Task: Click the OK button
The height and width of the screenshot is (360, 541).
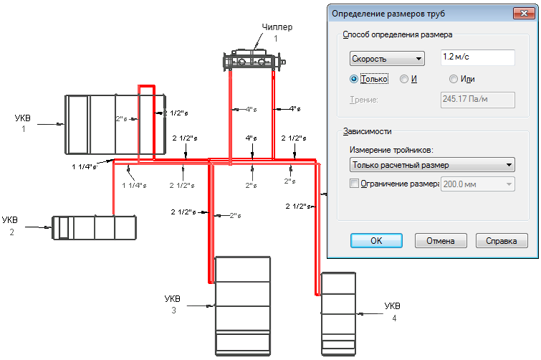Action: coord(376,240)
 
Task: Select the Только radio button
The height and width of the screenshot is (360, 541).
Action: coord(353,79)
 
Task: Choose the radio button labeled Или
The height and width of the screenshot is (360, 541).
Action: coord(452,79)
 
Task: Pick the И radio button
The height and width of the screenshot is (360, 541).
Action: coord(404,79)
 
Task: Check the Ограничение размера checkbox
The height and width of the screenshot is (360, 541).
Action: coord(354,184)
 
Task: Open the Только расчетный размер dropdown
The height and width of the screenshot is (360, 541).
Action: coord(432,165)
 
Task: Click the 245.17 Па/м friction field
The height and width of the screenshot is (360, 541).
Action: coord(477,100)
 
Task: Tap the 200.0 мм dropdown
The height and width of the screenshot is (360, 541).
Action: coord(478,184)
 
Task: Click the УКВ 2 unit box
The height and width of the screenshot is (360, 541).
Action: coord(95,227)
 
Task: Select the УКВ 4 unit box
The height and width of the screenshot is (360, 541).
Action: coord(338,313)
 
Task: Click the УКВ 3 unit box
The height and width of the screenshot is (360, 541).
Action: coord(243,305)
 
